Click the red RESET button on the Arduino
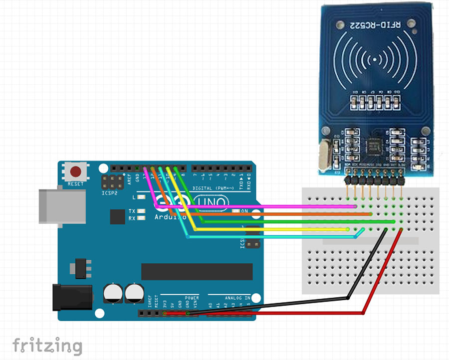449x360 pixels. point(76,173)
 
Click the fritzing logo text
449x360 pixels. point(47,345)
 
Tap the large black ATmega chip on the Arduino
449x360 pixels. point(190,272)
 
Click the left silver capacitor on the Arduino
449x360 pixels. point(113,293)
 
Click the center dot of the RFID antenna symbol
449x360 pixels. point(375,61)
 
